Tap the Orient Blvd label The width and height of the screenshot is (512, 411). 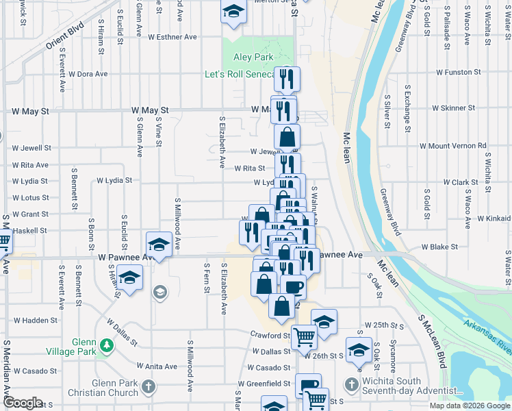pos(65,39)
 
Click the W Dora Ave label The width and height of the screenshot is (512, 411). pos(88,74)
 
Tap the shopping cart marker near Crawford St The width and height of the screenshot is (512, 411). pos(304,336)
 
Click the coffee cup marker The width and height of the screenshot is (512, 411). pos(294,287)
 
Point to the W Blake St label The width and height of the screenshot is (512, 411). pos(439,247)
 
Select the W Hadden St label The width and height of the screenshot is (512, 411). pos(35,320)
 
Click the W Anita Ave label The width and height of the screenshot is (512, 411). pos(157,366)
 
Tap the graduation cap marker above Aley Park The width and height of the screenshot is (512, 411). pos(233,12)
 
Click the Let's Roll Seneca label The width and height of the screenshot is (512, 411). pos(240,74)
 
